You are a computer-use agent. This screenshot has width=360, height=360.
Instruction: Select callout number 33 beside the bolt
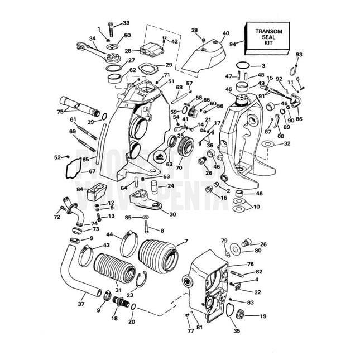tap(126, 23)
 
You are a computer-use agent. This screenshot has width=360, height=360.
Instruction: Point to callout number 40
tap(225, 33)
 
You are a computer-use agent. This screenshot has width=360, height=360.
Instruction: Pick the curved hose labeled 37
tap(70, 273)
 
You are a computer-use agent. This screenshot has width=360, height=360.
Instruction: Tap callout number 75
tap(60, 112)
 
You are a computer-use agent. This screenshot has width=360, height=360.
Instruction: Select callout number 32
tap(287, 143)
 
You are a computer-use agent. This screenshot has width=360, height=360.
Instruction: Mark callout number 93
tap(299, 54)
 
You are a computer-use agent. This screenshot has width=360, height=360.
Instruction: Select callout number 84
tap(80, 190)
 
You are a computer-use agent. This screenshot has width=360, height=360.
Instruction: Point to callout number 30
tap(172, 214)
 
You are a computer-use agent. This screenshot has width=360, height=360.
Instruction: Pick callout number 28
tap(128, 51)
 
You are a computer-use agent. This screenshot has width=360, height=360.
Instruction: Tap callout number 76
tap(250, 264)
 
